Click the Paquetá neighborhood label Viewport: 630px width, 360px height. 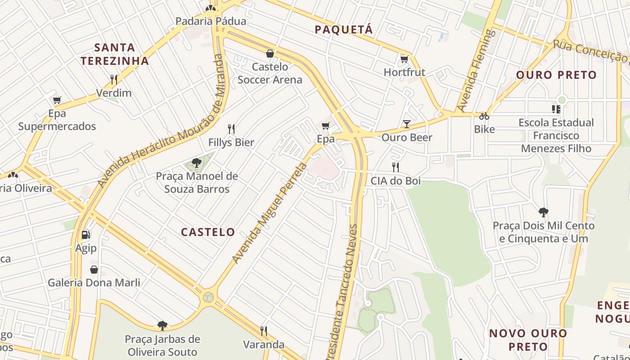click(344, 30)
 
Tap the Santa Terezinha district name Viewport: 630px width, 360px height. click(114, 54)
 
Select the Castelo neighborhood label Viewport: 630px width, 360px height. click(208, 232)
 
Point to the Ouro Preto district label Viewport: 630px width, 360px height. click(556, 75)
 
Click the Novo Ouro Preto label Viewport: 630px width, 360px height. click(528, 340)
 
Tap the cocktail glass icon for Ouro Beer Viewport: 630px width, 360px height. click(407, 124)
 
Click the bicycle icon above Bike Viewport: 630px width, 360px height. click(484, 116)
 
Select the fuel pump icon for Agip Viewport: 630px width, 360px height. click(85, 234)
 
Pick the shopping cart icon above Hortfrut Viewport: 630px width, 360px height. click(404, 59)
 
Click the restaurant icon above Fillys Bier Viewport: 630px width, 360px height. click(231, 129)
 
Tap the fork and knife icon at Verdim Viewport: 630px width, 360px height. click(114, 80)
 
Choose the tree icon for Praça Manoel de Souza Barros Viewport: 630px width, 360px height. click(196, 162)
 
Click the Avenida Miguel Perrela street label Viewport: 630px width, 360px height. click(270, 213)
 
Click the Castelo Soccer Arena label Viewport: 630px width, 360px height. click(270, 73)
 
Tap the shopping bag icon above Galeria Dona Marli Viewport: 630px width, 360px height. click(94, 270)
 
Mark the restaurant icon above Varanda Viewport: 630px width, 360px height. click(264, 331)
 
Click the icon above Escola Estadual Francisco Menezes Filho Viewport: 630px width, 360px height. click(556, 109)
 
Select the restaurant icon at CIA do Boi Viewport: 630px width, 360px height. click(396, 167)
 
